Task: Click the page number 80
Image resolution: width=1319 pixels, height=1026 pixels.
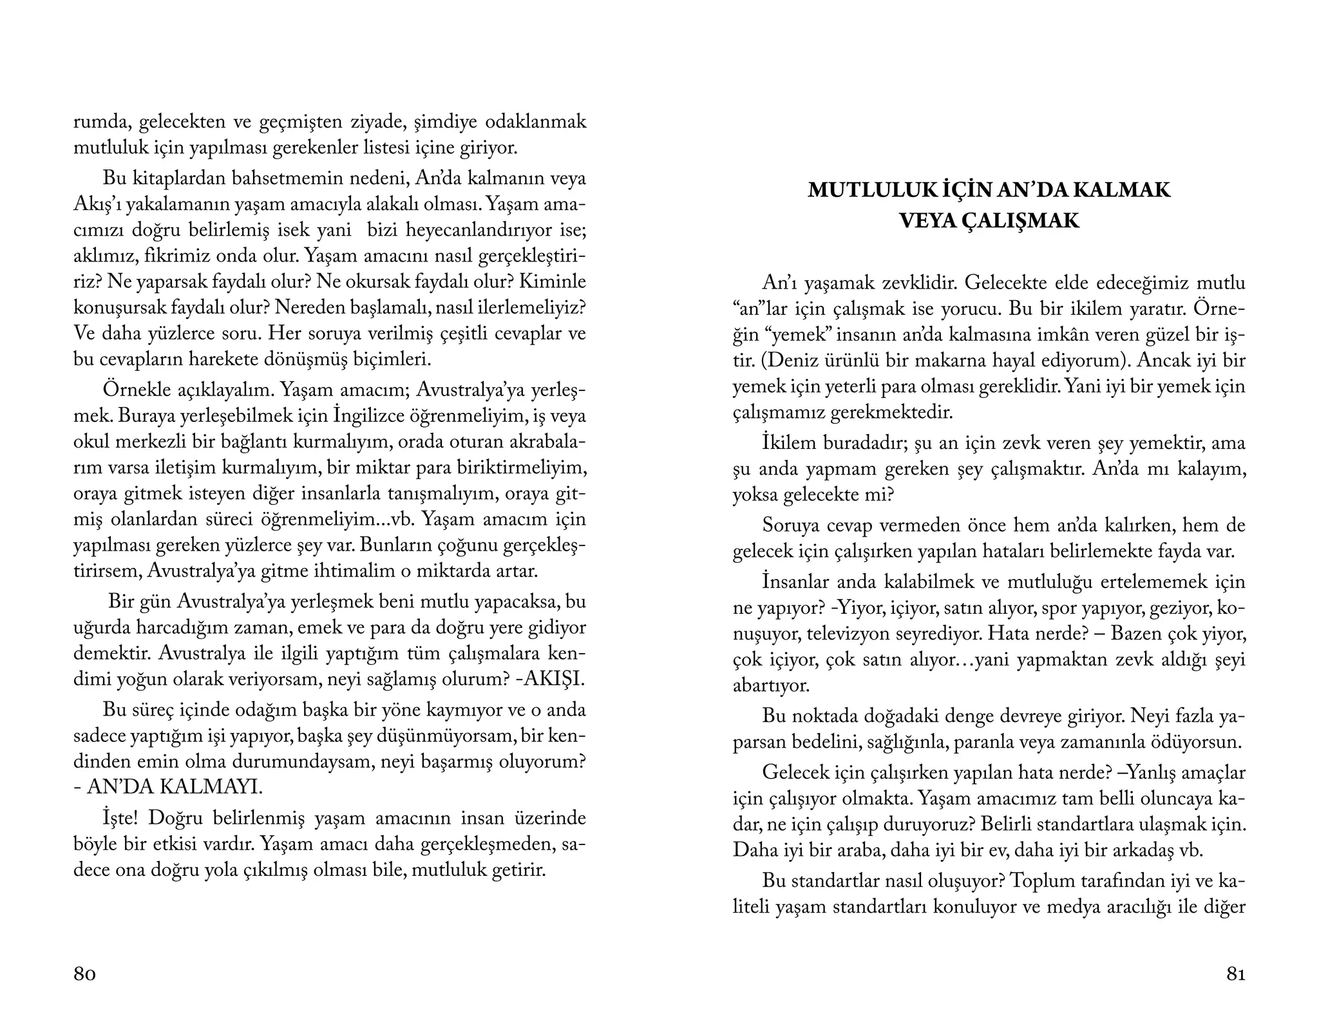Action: [x=85, y=974]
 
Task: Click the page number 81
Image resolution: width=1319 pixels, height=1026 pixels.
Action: [x=1235, y=974]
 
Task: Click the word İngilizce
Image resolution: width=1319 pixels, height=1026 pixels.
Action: [x=369, y=417]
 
